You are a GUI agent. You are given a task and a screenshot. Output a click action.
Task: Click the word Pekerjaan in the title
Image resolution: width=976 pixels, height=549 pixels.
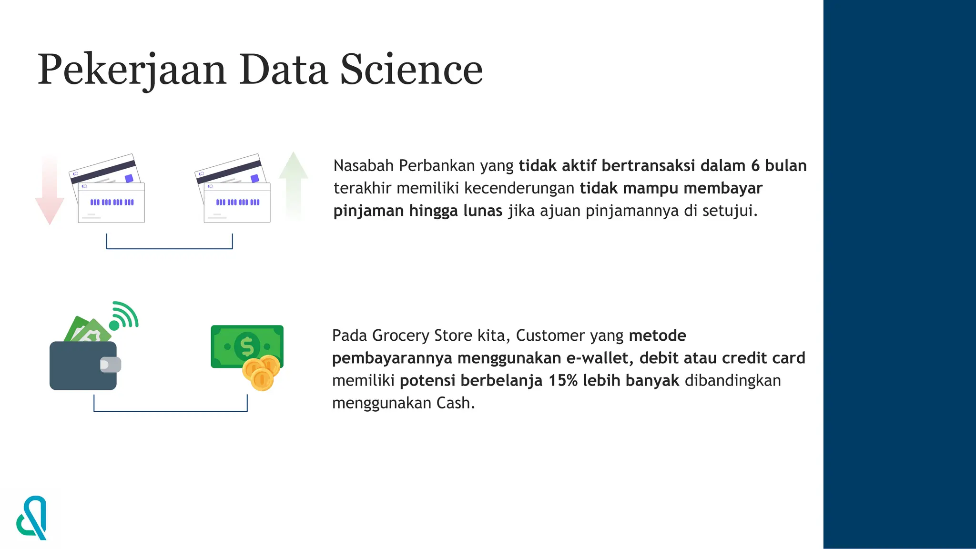(x=132, y=71)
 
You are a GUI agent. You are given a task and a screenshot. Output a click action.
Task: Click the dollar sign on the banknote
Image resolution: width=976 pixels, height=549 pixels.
(x=247, y=346)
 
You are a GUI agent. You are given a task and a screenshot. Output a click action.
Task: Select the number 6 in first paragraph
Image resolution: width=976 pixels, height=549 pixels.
(x=755, y=166)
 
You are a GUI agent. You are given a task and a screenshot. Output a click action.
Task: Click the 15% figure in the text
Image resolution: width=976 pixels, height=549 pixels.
(x=563, y=381)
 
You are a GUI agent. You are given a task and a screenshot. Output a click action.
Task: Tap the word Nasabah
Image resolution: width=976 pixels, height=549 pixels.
(x=364, y=166)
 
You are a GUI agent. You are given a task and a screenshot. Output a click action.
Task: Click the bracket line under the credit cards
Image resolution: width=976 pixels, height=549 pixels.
(x=169, y=248)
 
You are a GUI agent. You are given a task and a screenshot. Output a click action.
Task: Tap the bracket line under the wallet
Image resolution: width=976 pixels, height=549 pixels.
(x=170, y=411)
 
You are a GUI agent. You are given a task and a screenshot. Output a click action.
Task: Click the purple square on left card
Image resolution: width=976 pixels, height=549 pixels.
(x=129, y=178)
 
